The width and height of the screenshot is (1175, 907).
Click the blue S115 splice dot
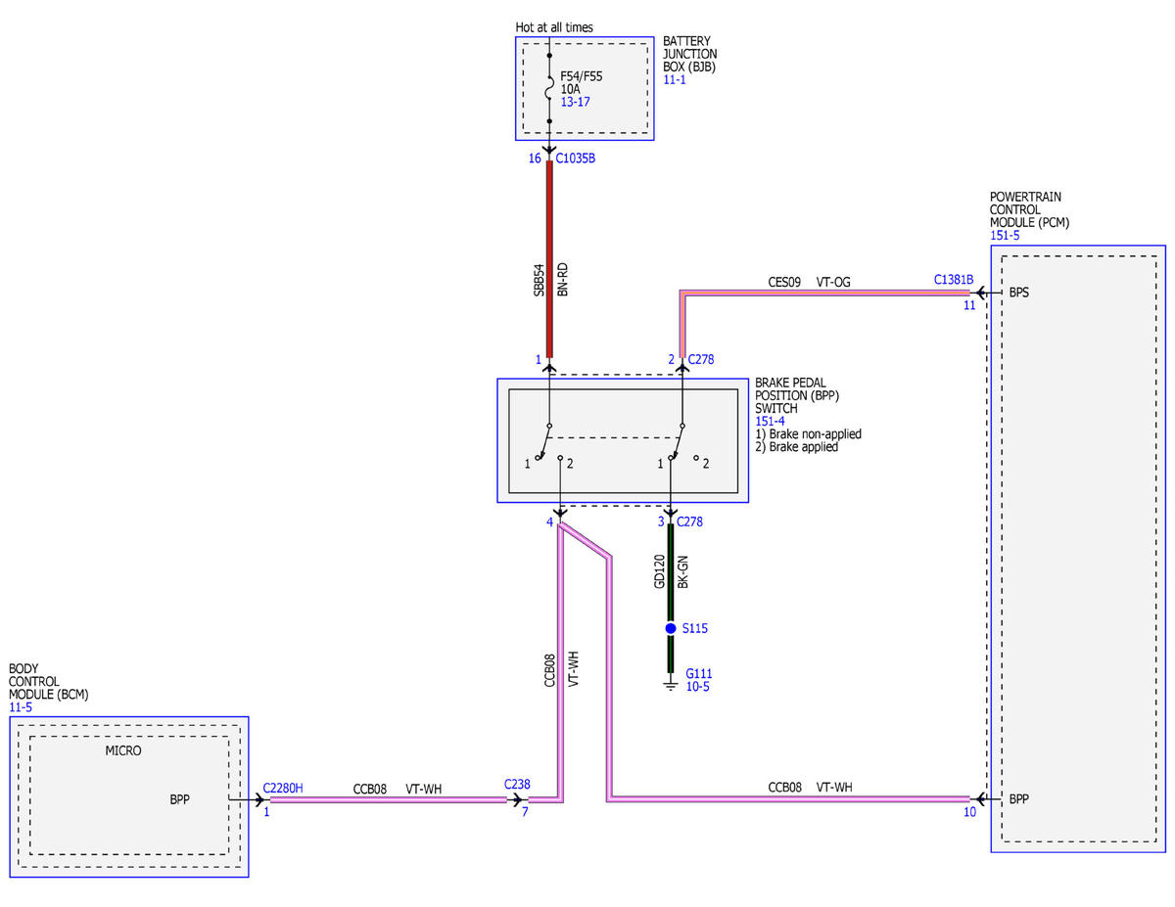671,628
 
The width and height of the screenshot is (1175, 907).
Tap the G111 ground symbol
671,686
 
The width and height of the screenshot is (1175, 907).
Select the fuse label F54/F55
581,76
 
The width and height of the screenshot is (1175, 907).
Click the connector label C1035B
576,159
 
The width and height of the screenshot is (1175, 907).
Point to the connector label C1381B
954,279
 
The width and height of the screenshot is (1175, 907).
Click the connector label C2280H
283,789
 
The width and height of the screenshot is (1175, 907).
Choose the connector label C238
517,784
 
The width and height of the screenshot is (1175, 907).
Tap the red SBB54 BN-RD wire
549,258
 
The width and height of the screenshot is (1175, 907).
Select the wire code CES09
784,282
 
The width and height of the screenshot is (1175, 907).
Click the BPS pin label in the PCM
1018,293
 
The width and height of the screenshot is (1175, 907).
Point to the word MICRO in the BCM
123,750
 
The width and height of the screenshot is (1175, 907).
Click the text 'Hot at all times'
553,27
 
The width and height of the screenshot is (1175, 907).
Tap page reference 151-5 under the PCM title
1005,236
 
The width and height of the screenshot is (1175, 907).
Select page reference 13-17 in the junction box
575,102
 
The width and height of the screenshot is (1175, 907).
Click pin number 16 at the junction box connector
535,159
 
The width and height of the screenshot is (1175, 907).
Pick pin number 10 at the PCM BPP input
969,812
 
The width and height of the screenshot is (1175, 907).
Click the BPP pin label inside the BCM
179,799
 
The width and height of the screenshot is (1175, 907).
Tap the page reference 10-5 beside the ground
697,687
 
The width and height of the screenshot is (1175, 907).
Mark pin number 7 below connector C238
525,812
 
